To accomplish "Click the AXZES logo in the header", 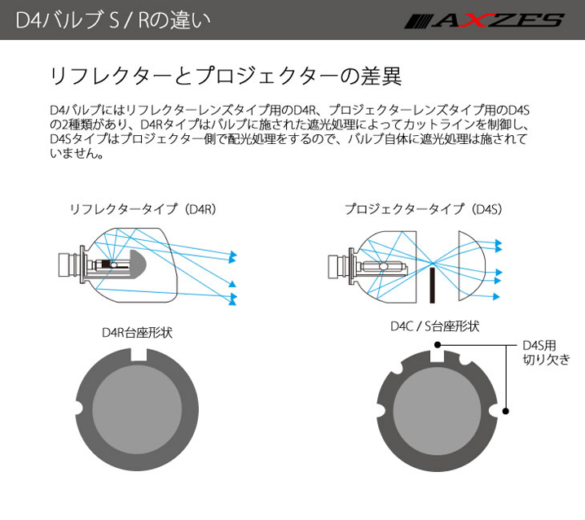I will pos(483,20).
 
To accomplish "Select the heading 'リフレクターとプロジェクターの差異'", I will pos(226,77).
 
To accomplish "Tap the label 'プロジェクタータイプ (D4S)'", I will pos(421,209).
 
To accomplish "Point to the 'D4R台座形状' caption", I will pos(137,333).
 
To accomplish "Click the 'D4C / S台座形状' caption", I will pos(434,327).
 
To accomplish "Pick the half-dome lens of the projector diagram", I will pos(472,261).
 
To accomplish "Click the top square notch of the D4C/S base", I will pos(438,352).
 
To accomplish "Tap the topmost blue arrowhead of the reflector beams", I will pos(232,256).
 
